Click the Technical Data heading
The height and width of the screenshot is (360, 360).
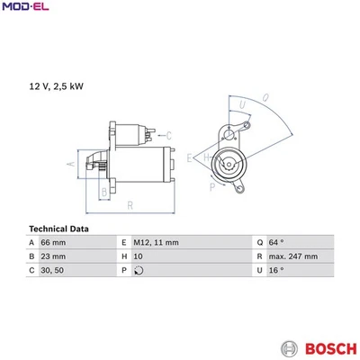click(x=59, y=229)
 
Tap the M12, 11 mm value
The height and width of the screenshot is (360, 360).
click(x=156, y=243)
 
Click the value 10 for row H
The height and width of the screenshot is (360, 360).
click(x=138, y=256)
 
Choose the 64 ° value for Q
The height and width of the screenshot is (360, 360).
click(x=274, y=243)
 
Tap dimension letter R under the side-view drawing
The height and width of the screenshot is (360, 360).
click(x=131, y=205)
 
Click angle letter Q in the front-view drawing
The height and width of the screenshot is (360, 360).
click(x=265, y=96)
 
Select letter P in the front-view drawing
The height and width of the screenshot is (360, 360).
click(x=211, y=188)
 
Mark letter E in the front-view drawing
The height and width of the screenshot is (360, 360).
click(x=190, y=158)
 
